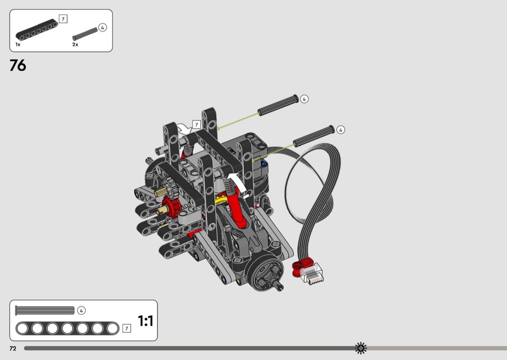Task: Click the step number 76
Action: [18, 65]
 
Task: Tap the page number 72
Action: [13, 348]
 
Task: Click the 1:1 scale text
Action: [145, 321]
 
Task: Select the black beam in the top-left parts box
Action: [37, 30]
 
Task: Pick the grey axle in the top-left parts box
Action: [85, 34]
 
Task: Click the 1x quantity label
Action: [18, 44]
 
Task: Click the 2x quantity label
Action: [75, 44]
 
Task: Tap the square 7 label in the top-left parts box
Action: [63, 19]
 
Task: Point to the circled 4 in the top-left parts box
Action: [102, 28]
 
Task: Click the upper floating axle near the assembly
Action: [278, 105]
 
